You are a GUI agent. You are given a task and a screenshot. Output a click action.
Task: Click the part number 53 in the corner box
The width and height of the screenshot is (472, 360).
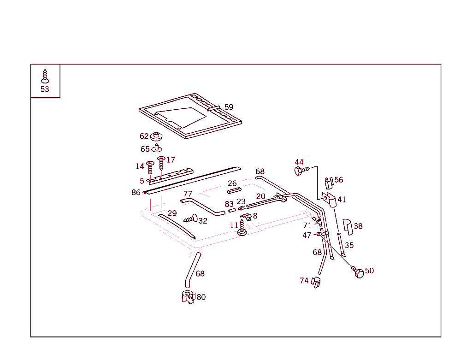click(45, 89)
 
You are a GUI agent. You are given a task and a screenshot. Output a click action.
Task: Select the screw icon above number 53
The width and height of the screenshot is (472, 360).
click(45, 76)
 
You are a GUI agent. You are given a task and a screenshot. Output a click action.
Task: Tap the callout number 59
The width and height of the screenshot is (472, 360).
click(229, 107)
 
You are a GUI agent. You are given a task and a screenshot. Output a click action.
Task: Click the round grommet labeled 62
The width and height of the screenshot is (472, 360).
click(157, 137)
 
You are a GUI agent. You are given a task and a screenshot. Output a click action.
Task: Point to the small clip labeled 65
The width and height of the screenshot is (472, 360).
click(157, 148)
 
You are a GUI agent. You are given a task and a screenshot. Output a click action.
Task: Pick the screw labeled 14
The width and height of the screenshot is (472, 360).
click(150, 167)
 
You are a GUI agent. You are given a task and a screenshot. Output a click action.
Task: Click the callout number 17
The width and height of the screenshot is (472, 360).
click(171, 160)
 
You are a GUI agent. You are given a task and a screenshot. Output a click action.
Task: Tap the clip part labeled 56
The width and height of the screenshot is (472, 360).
click(328, 183)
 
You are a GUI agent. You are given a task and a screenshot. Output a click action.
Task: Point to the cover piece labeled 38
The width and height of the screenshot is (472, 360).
click(347, 226)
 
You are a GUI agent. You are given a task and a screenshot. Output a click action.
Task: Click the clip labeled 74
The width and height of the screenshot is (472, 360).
click(316, 282)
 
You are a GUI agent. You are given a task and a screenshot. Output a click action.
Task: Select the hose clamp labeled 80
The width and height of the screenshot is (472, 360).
click(189, 297)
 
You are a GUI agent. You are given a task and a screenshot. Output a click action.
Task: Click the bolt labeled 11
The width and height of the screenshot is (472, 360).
click(242, 229)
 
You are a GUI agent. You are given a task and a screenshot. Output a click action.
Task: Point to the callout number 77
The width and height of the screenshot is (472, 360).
click(188, 194)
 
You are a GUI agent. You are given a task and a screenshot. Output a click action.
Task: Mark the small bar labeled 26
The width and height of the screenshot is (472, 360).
click(234, 191)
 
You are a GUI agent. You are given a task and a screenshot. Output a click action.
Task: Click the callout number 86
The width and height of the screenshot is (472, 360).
click(136, 192)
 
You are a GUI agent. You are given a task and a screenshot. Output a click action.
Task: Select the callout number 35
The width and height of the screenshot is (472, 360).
click(349, 245)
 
